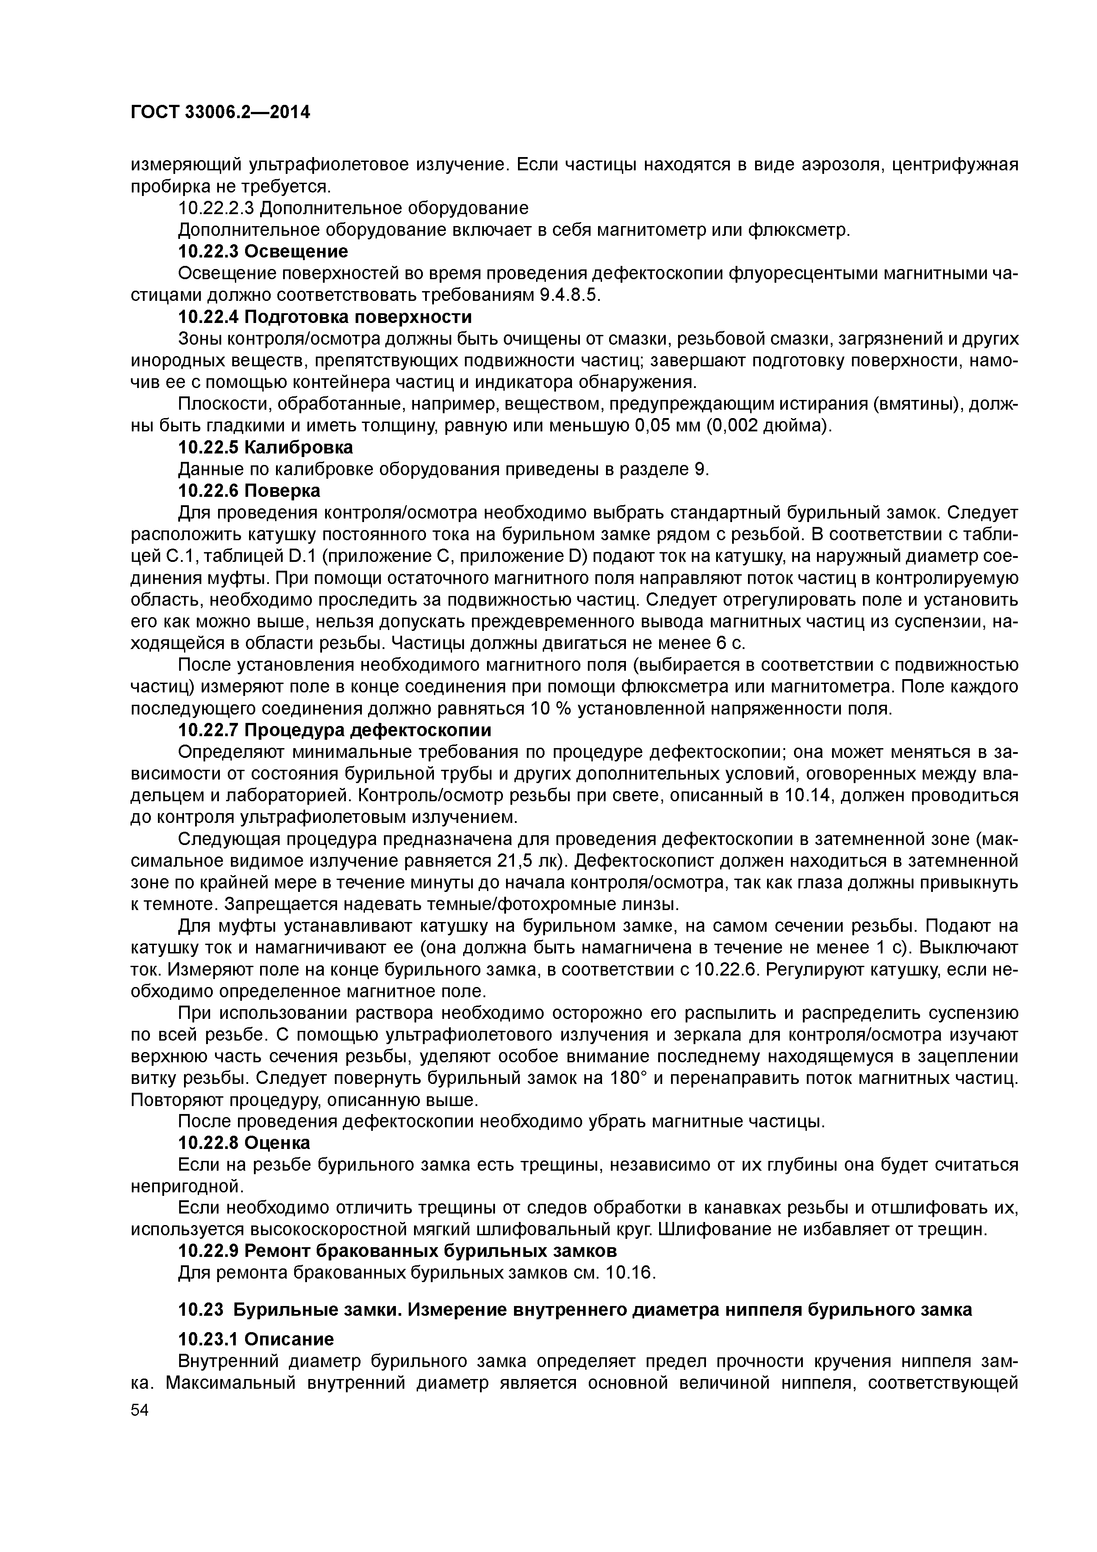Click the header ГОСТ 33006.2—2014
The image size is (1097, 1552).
click(x=220, y=112)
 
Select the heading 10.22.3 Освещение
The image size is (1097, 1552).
click(x=263, y=251)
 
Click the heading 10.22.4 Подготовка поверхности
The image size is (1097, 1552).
click(x=324, y=317)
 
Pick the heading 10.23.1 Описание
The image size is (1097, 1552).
click(x=256, y=1339)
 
